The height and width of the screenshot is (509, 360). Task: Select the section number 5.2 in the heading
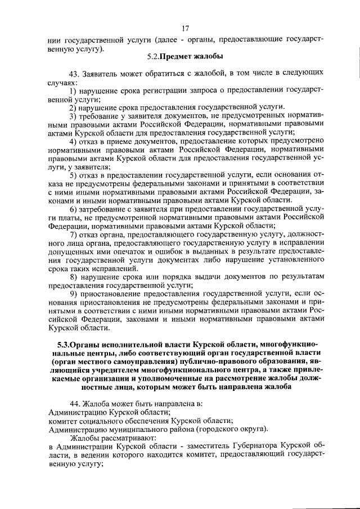point(152,56)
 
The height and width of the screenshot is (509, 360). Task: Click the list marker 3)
point(73,116)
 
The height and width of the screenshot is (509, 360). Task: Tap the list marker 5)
point(73,175)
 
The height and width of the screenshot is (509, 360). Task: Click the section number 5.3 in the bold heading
point(65,344)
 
